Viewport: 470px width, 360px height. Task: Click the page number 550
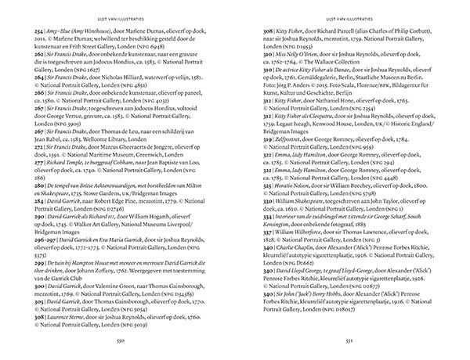120,341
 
